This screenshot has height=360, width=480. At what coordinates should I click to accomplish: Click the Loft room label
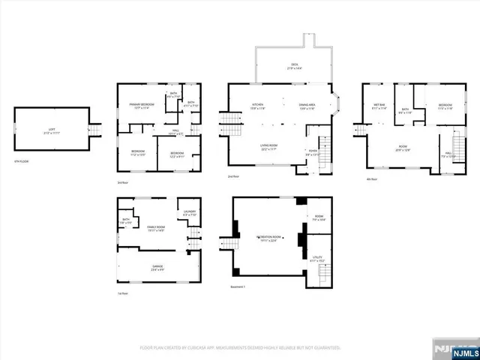click(51, 130)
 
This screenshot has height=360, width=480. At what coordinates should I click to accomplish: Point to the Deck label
click(293, 66)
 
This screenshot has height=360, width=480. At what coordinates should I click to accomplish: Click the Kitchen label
click(257, 106)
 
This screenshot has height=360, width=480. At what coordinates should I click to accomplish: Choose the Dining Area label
click(307, 106)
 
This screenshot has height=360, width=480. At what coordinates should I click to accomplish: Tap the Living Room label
click(269, 148)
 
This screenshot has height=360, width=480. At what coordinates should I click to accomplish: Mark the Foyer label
click(312, 151)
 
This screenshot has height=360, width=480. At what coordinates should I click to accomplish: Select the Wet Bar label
click(379, 107)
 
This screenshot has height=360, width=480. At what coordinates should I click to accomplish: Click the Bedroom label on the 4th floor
click(445, 106)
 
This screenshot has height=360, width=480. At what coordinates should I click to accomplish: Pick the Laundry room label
click(189, 214)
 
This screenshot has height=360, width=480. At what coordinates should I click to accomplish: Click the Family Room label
click(155, 230)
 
